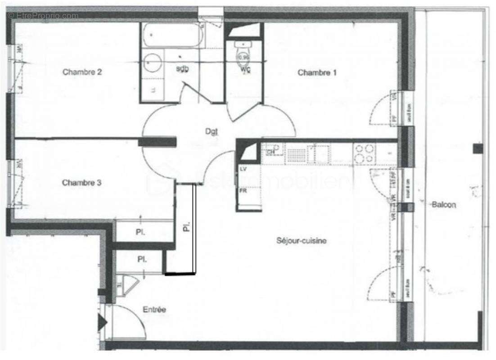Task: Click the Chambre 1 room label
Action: pyautogui.click(x=317, y=72)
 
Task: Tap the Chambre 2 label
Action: pyautogui.click(x=82, y=72)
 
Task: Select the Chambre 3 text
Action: pyautogui.click(x=81, y=183)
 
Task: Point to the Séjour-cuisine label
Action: pyautogui.click(x=301, y=241)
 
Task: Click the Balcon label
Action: pyautogui.click(x=444, y=205)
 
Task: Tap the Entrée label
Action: pyautogui.click(x=154, y=310)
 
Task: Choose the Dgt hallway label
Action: pyautogui.click(x=212, y=131)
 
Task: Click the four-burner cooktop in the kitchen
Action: pyautogui.click(x=364, y=153)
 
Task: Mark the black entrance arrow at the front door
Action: pyautogui.click(x=102, y=322)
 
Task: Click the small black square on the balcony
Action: pyautogui.click(x=477, y=148)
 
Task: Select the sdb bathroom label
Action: pyautogui.click(x=182, y=68)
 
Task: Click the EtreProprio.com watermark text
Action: pyautogui.click(x=43, y=16)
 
